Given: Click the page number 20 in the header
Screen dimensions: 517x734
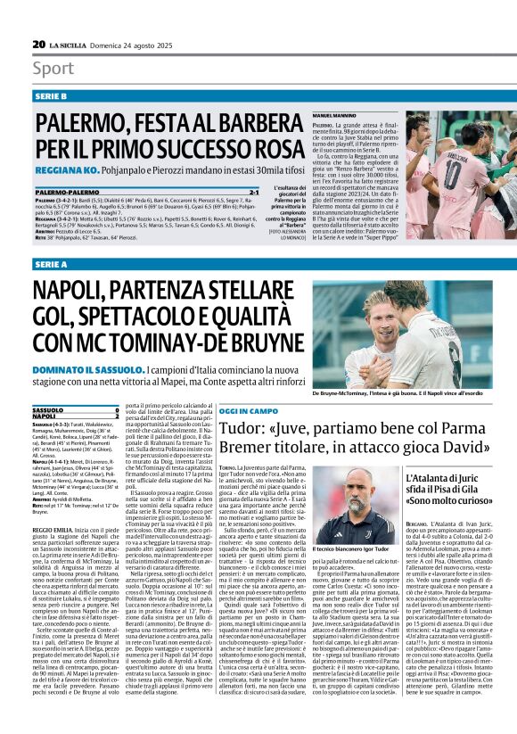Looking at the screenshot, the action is tap(38, 44).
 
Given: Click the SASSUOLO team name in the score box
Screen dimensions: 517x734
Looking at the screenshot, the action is tap(50, 409).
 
